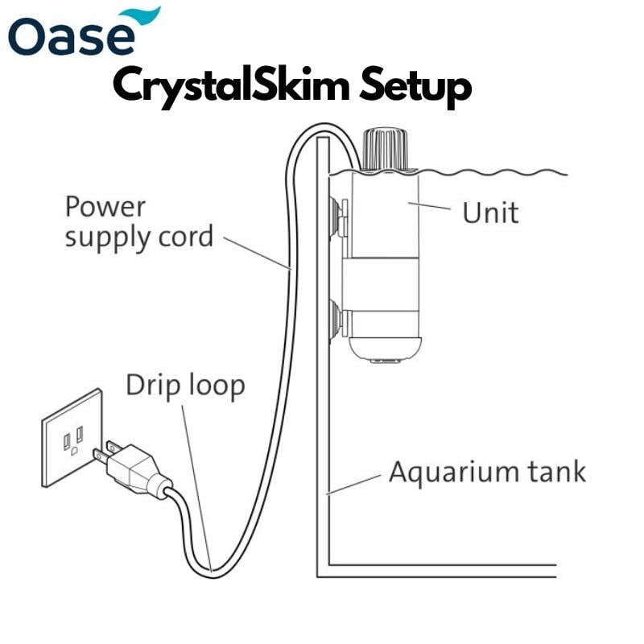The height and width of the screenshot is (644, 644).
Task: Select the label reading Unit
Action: (x=489, y=213)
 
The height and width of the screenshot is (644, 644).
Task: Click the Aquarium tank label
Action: (x=487, y=471)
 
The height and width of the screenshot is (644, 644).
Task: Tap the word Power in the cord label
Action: (x=105, y=207)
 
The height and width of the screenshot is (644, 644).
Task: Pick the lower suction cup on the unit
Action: (x=334, y=317)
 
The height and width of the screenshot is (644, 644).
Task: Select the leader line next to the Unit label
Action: (x=431, y=208)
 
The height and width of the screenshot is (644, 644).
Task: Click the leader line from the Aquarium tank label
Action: (x=354, y=483)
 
